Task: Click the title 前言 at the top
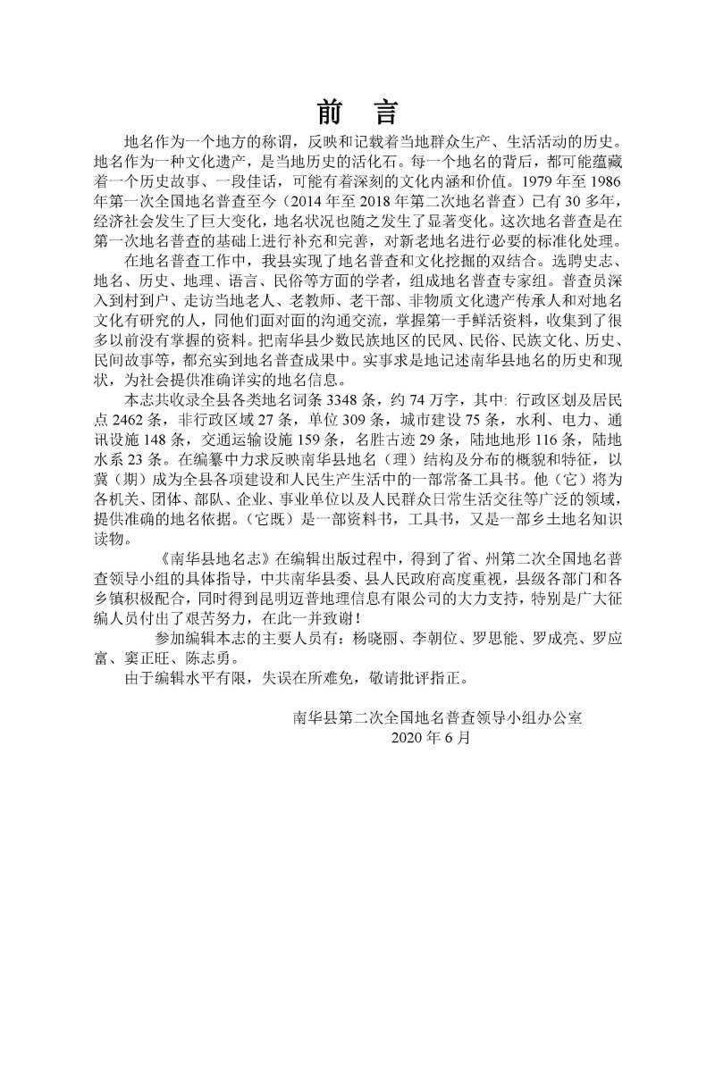click(357, 113)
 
